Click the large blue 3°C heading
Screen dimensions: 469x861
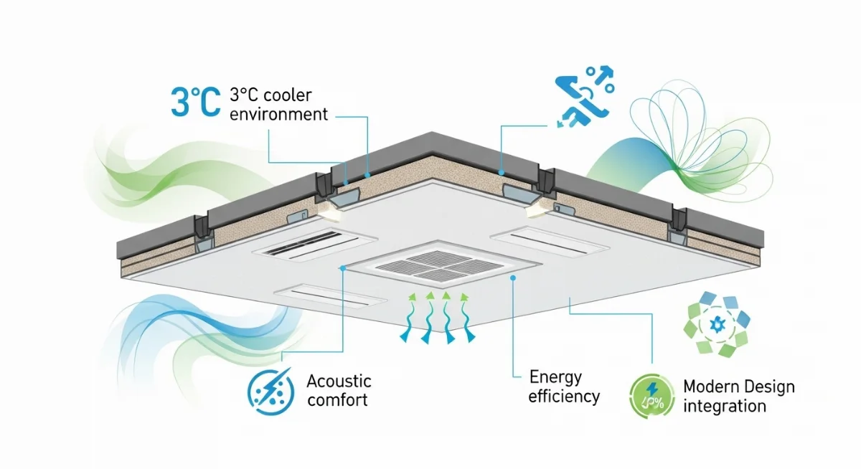pyautogui.click(x=195, y=101)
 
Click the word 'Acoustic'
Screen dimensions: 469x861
pyautogui.click(x=339, y=380)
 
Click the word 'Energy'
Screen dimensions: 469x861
pyautogui.click(x=555, y=376)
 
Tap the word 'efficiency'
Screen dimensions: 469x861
pyautogui.click(x=564, y=396)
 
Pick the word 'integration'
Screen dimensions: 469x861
pyautogui.click(x=724, y=407)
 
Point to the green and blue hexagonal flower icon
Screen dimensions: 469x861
pyautogui.click(x=718, y=323)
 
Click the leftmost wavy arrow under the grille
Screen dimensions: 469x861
pyautogui.click(x=407, y=316)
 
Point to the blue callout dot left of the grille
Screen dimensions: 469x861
pyautogui.click(x=344, y=267)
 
